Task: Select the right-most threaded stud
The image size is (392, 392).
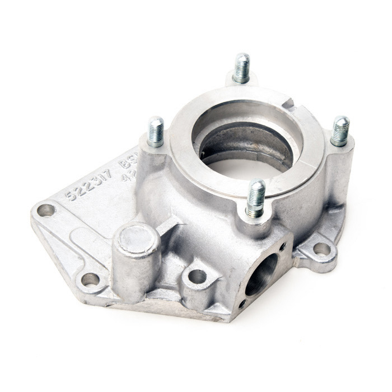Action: click(x=340, y=130)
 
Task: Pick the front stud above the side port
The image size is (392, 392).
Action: click(x=255, y=198)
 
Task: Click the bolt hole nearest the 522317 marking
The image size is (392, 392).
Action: click(x=46, y=211)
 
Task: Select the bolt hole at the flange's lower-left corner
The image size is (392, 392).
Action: click(x=90, y=279)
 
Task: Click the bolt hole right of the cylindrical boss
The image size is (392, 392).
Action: click(x=197, y=276)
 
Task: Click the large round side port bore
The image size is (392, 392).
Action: click(x=262, y=274)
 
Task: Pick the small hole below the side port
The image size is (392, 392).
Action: click(x=241, y=304)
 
